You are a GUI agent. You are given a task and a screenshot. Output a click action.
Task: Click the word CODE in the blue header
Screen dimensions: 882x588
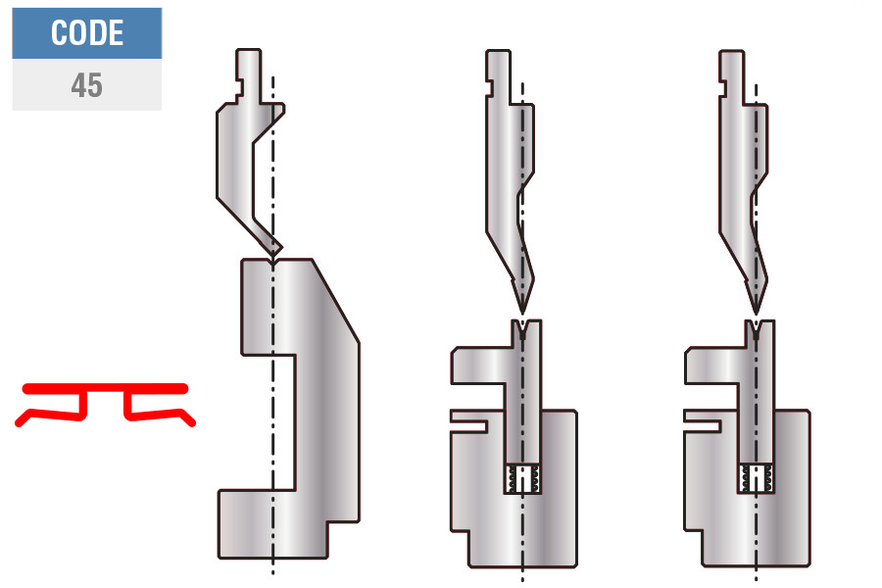click(87, 32)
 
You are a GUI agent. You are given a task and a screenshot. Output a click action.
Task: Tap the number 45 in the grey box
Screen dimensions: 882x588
click(86, 85)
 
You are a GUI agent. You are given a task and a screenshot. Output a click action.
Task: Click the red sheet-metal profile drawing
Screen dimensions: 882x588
click(105, 404)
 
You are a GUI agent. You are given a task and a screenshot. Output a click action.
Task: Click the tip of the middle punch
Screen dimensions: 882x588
click(522, 313)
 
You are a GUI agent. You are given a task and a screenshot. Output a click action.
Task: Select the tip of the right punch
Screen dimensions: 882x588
click(756, 313)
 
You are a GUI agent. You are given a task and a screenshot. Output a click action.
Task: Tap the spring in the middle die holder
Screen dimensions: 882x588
click(523, 479)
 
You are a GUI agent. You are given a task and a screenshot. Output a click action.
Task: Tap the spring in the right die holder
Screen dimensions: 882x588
click(757, 479)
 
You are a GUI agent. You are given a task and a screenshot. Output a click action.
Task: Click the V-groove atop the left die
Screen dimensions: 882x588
click(273, 263)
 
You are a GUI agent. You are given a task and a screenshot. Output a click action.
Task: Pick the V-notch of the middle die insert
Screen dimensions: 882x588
click(523, 329)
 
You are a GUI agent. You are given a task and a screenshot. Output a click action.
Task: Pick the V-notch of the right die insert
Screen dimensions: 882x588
click(757, 329)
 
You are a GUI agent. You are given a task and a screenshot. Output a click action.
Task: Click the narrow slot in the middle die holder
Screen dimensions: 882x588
click(468, 422)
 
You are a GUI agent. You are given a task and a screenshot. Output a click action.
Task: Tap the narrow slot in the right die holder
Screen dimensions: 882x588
click(702, 422)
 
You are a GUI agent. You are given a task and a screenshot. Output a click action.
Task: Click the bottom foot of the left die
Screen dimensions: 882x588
click(273, 524)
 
